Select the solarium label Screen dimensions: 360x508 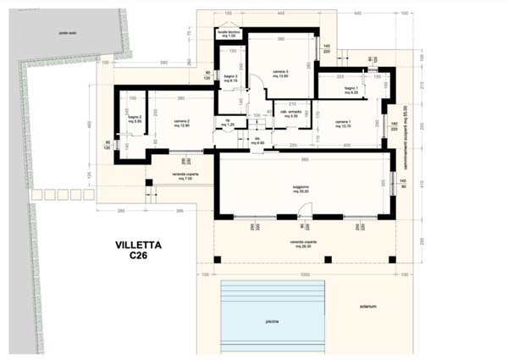[365, 306]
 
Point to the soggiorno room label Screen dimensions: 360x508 [302, 190]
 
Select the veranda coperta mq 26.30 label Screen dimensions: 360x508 [303, 243]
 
